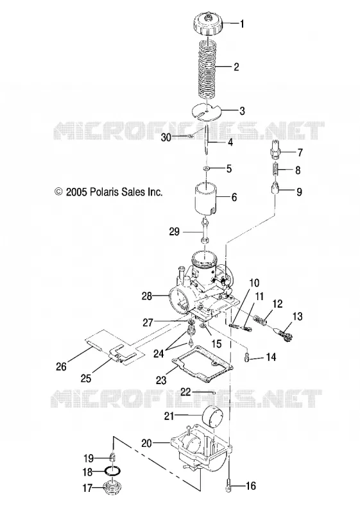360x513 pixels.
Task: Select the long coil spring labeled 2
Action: (207, 68)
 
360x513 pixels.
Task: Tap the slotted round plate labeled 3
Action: (207, 112)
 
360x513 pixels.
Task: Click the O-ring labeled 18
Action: (112, 471)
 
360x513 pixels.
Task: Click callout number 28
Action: (147, 296)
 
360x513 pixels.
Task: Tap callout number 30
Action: (166, 138)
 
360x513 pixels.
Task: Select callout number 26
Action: (61, 366)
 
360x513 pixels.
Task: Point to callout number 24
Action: (159, 353)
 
